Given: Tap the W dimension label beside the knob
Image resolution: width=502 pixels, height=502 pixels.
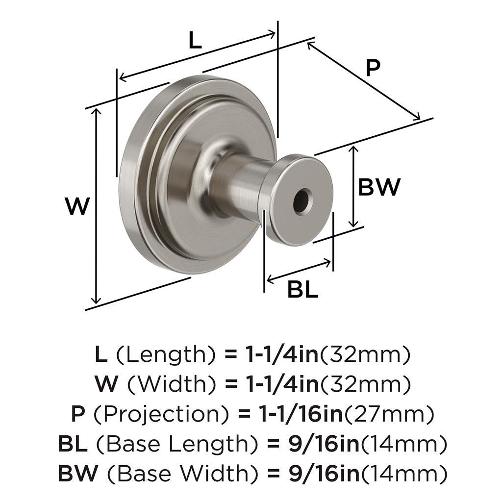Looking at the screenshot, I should pyautogui.click(x=78, y=206).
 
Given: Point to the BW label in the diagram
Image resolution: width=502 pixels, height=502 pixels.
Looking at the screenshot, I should pyautogui.click(x=379, y=187).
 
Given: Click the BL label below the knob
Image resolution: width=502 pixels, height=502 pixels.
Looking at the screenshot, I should pyautogui.click(x=302, y=290).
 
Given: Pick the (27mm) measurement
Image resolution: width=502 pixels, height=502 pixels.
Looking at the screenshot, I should pyautogui.click(x=389, y=415).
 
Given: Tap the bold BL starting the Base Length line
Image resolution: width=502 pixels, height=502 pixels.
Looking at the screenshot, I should pyautogui.click(x=73, y=445).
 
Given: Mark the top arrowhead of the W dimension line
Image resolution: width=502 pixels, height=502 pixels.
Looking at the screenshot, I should pyautogui.click(x=97, y=111).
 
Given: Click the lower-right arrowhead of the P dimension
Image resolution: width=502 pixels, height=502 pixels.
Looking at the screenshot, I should pyautogui.click(x=418, y=117).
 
